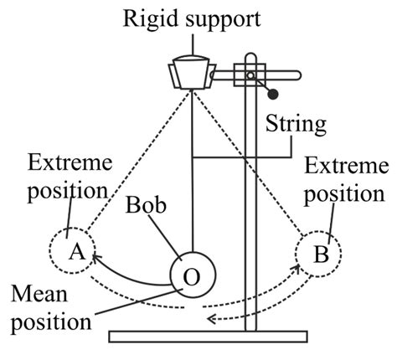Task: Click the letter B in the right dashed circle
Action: tap(321, 258)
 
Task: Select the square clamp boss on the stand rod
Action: tap(249, 76)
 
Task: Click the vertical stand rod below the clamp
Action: tap(249, 209)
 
